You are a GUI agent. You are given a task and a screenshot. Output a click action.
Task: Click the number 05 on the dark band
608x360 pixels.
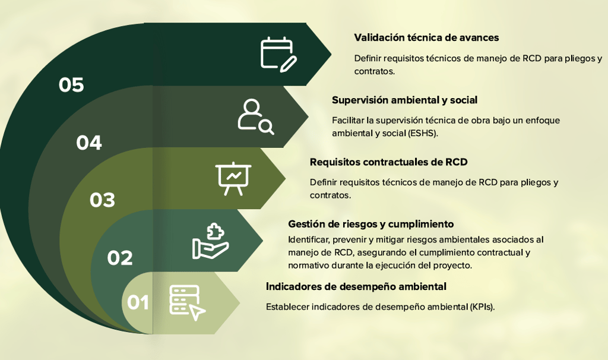71,85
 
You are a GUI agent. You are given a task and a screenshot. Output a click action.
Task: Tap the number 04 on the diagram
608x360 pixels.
89,143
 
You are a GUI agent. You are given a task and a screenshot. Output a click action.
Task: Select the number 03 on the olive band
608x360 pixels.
102,200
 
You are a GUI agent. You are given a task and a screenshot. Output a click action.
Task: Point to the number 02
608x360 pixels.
120,258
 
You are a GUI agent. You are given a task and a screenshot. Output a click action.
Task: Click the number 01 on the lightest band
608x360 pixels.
138,302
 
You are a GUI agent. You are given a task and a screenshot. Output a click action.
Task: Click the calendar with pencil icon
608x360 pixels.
278,54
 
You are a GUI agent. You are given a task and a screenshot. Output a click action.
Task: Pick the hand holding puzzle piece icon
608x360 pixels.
210,241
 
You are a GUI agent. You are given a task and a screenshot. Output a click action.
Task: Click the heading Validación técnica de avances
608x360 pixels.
426,37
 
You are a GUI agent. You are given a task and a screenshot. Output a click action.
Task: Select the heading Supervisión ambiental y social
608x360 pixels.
404,100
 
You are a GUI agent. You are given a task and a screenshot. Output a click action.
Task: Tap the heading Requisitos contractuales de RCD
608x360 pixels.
388,162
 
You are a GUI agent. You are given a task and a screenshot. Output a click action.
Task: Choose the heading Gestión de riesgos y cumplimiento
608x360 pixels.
370,224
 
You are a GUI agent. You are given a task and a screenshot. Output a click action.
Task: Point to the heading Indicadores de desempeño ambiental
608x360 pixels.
356,286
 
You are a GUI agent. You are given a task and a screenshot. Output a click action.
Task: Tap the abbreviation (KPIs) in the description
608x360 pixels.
482,307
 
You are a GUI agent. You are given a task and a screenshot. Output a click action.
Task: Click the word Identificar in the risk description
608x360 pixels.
308,239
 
